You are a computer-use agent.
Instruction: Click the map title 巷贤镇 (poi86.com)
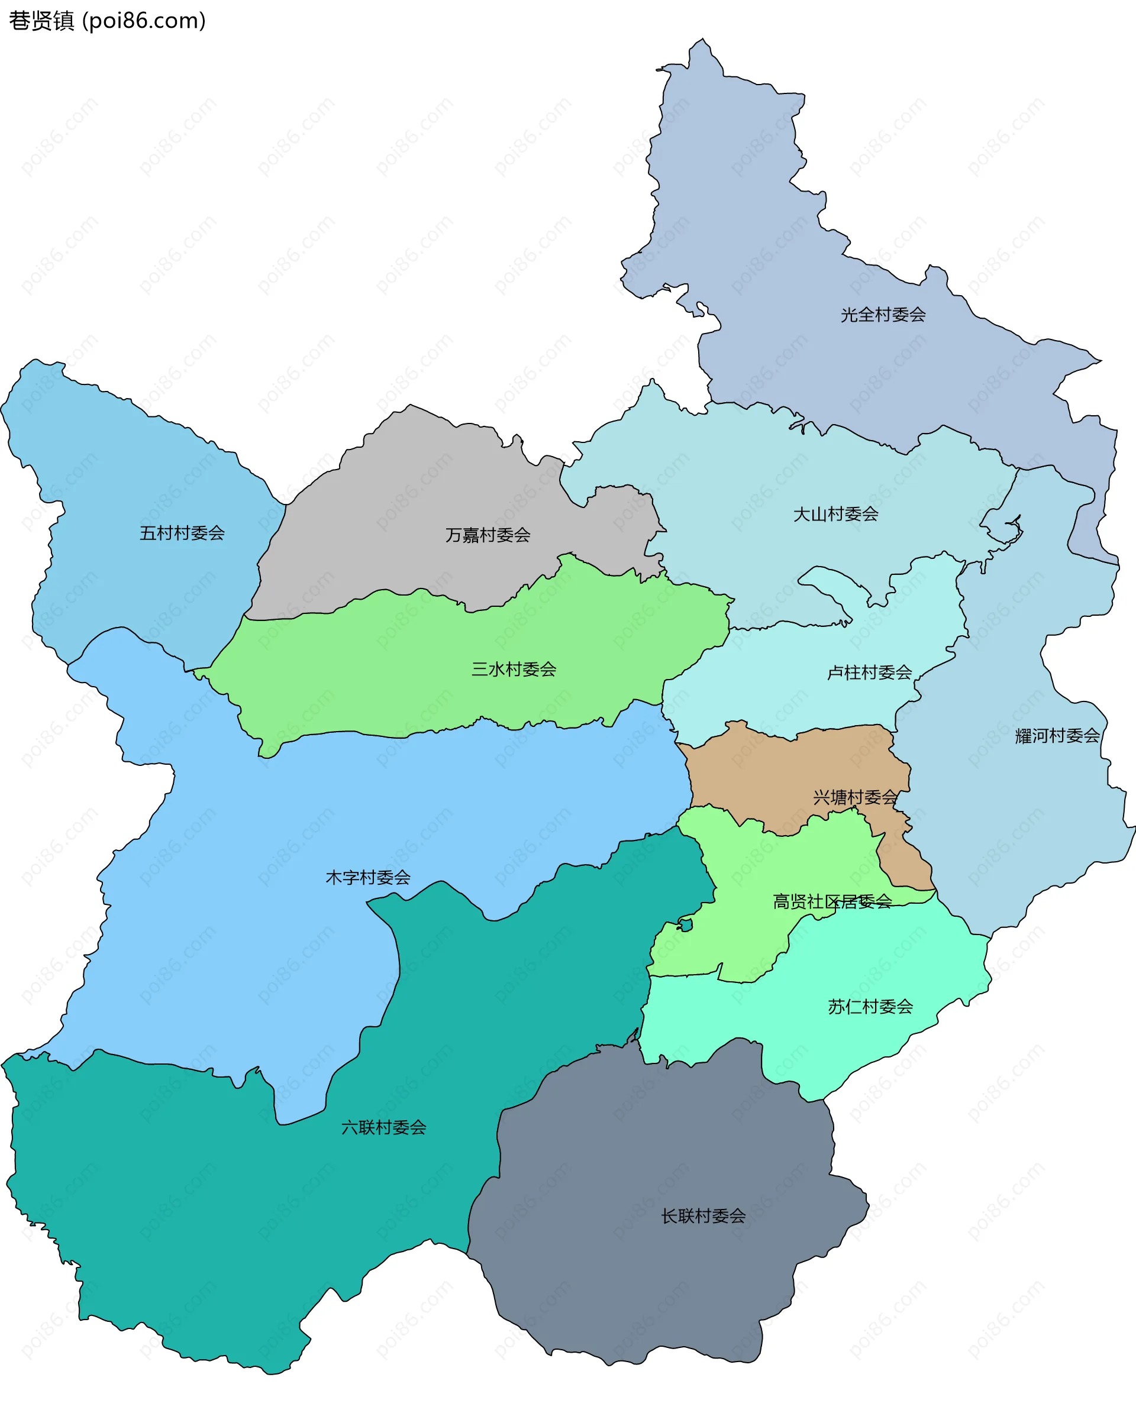[x=107, y=21]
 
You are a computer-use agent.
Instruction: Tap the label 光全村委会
[x=883, y=315]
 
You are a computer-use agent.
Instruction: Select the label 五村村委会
[x=182, y=533]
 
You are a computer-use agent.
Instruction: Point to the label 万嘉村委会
[x=488, y=535]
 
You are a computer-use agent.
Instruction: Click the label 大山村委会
[x=836, y=515]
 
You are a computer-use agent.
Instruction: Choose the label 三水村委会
[x=514, y=669]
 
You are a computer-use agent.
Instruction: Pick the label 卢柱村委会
[x=869, y=672]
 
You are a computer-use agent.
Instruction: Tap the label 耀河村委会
[x=1057, y=736]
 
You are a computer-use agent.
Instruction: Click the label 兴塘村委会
[x=855, y=798]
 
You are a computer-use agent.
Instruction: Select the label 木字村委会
[x=368, y=878]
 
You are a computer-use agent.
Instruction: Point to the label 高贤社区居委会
[x=832, y=902]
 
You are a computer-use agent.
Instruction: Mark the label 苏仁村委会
[x=870, y=1007]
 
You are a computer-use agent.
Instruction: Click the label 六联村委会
[x=383, y=1127]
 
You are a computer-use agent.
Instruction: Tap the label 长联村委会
[x=703, y=1217]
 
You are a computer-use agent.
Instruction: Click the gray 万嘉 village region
[x=419, y=498]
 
